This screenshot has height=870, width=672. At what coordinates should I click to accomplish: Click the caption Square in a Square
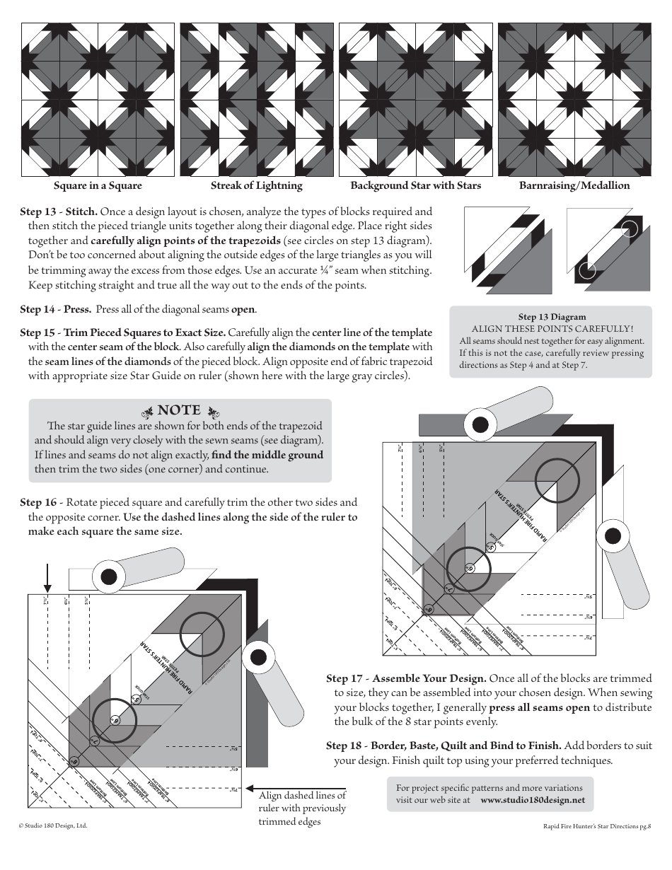click(98, 186)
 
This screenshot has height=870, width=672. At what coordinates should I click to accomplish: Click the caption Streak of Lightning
click(256, 186)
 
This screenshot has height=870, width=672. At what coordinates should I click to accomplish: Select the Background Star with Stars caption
click(415, 186)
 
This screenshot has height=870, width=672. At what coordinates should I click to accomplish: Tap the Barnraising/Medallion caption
click(574, 186)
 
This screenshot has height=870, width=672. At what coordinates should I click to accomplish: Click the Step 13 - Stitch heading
click(59, 211)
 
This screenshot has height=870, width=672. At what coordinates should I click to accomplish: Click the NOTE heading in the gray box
click(179, 411)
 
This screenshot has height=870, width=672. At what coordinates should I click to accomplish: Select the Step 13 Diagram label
click(552, 317)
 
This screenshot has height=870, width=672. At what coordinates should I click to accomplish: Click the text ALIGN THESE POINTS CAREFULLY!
click(552, 329)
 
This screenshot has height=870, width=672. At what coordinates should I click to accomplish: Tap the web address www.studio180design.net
click(533, 800)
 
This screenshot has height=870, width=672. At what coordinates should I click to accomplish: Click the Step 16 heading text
click(38, 502)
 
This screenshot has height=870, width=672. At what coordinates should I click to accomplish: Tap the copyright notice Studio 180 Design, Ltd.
click(53, 825)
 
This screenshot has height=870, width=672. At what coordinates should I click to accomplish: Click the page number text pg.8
click(643, 825)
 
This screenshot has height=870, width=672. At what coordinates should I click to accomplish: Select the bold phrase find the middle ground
click(267, 455)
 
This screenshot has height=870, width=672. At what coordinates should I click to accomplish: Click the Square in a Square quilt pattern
click(98, 100)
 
